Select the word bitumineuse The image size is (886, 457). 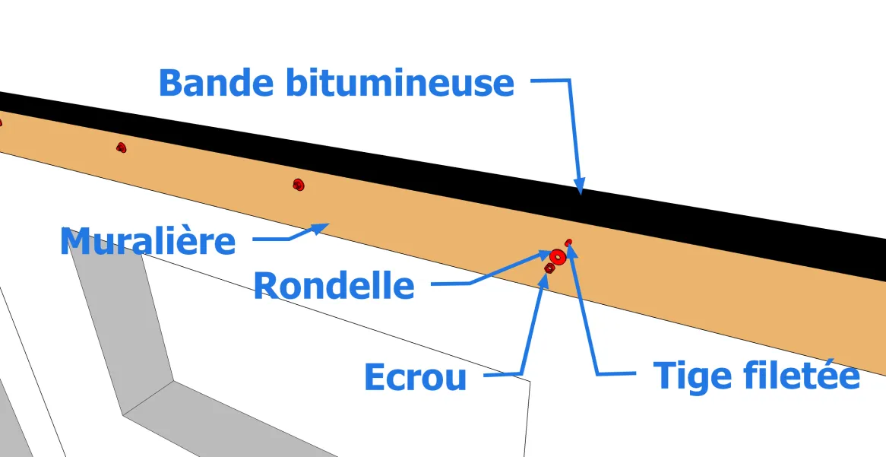point(400,82)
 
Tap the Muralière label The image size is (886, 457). point(147,242)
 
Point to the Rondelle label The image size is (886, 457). point(334,285)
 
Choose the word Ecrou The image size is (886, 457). point(416,376)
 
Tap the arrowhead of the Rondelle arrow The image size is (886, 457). point(543,255)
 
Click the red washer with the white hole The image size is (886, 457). point(558,257)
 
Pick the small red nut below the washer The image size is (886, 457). point(549,268)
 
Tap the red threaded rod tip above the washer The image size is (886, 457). point(568,242)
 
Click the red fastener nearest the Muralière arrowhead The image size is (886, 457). point(299,184)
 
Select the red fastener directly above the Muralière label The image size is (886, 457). point(121,148)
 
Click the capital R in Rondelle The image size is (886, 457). point(266,285)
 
